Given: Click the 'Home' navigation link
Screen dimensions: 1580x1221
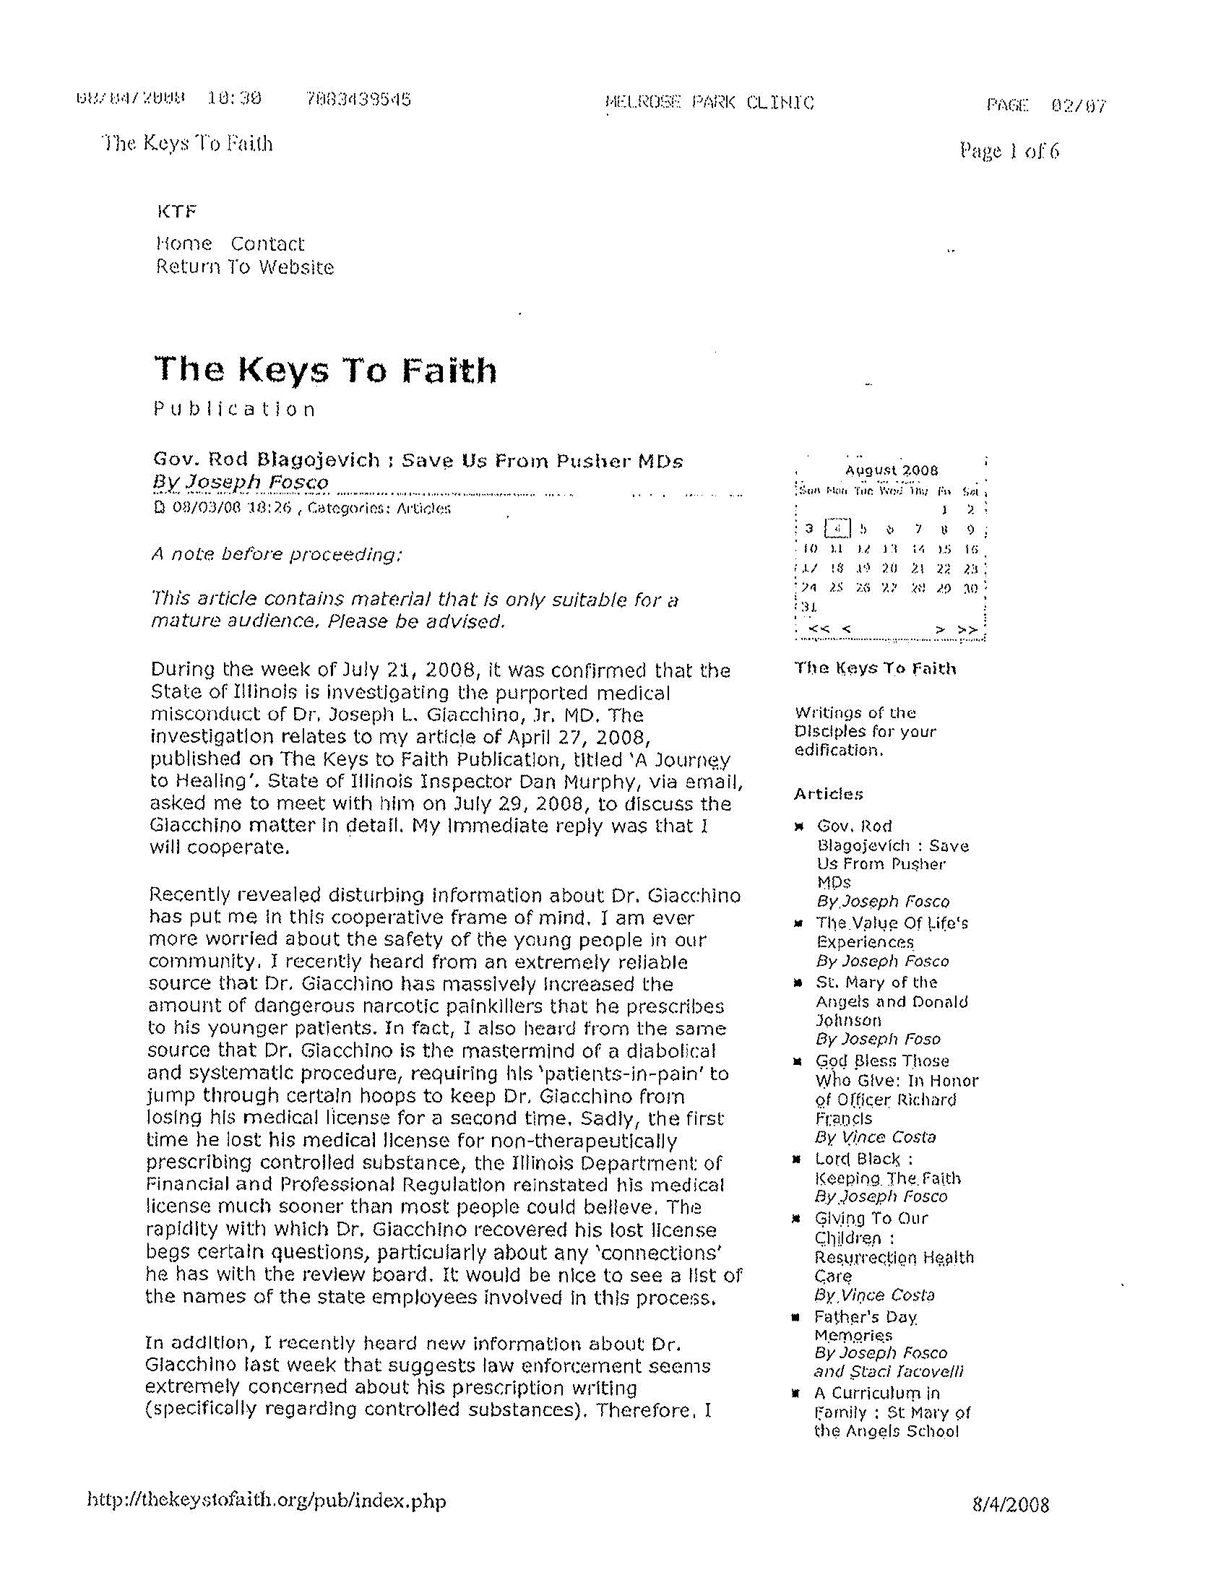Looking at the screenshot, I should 184,243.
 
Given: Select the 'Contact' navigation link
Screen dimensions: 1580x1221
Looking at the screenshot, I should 267,243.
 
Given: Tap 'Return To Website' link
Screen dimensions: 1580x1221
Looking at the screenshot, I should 244,268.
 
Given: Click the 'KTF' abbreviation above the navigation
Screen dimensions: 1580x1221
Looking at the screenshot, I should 176,212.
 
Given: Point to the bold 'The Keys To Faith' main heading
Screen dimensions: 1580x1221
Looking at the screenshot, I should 326,370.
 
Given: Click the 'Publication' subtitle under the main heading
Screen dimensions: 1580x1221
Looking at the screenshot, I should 234,410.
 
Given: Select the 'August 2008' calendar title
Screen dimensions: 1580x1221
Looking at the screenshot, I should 892,470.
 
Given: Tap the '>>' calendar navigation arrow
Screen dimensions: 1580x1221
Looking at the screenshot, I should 967,629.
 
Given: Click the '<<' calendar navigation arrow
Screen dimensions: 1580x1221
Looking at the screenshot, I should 818,629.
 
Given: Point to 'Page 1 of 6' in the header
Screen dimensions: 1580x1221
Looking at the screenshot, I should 1009,150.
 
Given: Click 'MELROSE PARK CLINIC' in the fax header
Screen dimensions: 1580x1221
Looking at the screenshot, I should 709,103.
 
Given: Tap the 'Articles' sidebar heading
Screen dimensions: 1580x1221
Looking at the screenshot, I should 828,795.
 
